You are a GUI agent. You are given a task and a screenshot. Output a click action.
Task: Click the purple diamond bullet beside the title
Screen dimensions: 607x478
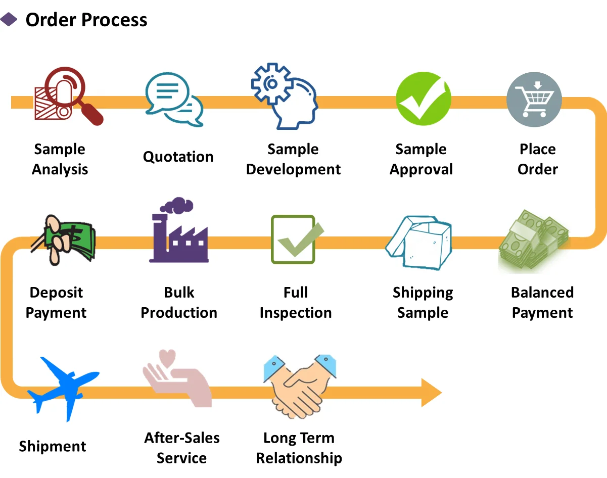coord(9,20)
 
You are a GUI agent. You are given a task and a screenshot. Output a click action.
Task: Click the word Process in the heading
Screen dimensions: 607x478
coord(114,20)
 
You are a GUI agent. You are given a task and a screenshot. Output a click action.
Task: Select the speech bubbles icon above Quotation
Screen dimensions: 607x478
coord(174,99)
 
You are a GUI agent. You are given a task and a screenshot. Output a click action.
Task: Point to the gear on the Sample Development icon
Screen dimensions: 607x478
coord(272,83)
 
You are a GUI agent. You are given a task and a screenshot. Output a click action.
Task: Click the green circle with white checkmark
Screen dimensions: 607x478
coord(424,99)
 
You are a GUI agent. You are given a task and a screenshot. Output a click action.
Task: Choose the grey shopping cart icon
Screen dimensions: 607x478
coord(534,99)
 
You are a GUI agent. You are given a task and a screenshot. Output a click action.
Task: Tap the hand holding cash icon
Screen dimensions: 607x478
coord(64,240)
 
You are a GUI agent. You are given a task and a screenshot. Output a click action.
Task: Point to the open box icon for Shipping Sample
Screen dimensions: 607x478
coord(419,243)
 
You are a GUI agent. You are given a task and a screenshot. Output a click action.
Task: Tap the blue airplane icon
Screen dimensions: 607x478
coord(64,389)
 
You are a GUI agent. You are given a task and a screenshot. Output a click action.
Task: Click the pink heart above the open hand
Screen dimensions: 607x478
coord(167,358)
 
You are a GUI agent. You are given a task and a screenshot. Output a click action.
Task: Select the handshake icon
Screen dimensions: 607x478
coord(300,387)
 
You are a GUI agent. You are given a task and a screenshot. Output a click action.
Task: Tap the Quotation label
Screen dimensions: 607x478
coord(178,157)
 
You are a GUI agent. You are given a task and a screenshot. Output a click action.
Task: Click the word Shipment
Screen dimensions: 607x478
coord(53,446)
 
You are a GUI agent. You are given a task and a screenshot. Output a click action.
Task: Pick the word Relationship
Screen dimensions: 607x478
coord(299,458)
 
